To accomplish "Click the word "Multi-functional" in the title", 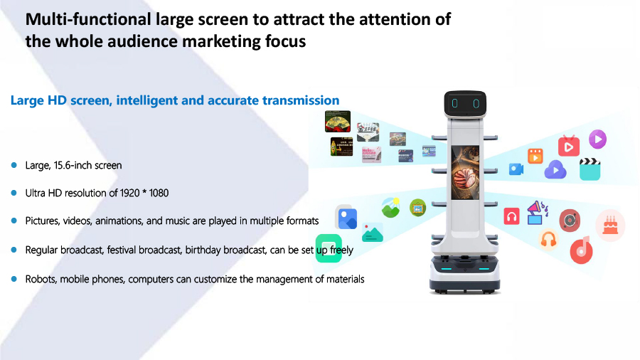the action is coord(88,20).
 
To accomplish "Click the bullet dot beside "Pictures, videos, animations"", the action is coord(14,221).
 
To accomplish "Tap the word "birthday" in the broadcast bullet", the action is coord(203,250).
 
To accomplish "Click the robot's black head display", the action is coord(465,103).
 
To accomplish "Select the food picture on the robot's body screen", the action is coord(465,173).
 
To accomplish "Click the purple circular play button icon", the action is coord(597,139).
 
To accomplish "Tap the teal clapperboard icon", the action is coord(590,169).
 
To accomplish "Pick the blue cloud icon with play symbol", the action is coord(555,169).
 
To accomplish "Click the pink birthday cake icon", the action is coord(610,226).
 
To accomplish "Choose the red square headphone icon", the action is coord(511,216).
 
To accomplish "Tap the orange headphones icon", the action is coord(548,239).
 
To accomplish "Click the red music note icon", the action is coord(581,250).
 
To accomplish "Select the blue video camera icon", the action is coord(516,169).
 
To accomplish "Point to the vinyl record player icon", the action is coord(570,221).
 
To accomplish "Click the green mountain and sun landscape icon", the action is coord(390,207).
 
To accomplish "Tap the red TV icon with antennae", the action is coord(569,146).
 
